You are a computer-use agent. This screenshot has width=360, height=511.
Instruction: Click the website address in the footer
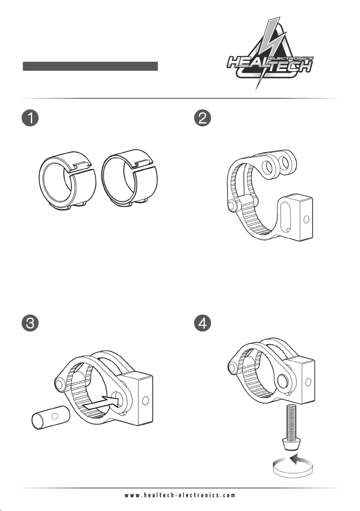point(180,495)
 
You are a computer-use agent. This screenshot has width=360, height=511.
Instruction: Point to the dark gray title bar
point(90,66)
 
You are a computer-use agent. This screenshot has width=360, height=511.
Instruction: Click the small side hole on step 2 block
point(306,219)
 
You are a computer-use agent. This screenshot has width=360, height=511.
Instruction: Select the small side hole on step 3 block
point(145,400)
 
